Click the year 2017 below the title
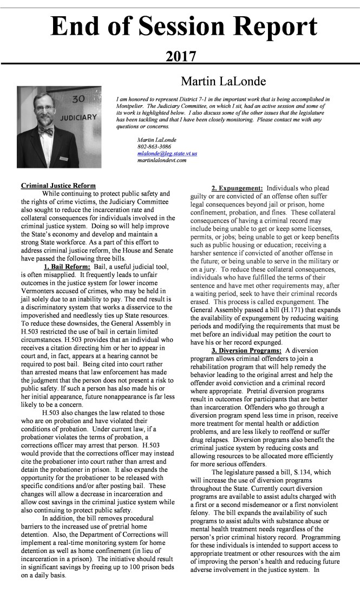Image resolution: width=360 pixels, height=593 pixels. coord(180,56)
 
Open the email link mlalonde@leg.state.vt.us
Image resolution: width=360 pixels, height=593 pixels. coord(167,153)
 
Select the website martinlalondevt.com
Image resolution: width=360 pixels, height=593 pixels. coord(162,160)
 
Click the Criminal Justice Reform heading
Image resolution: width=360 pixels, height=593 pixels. coord(58,186)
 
